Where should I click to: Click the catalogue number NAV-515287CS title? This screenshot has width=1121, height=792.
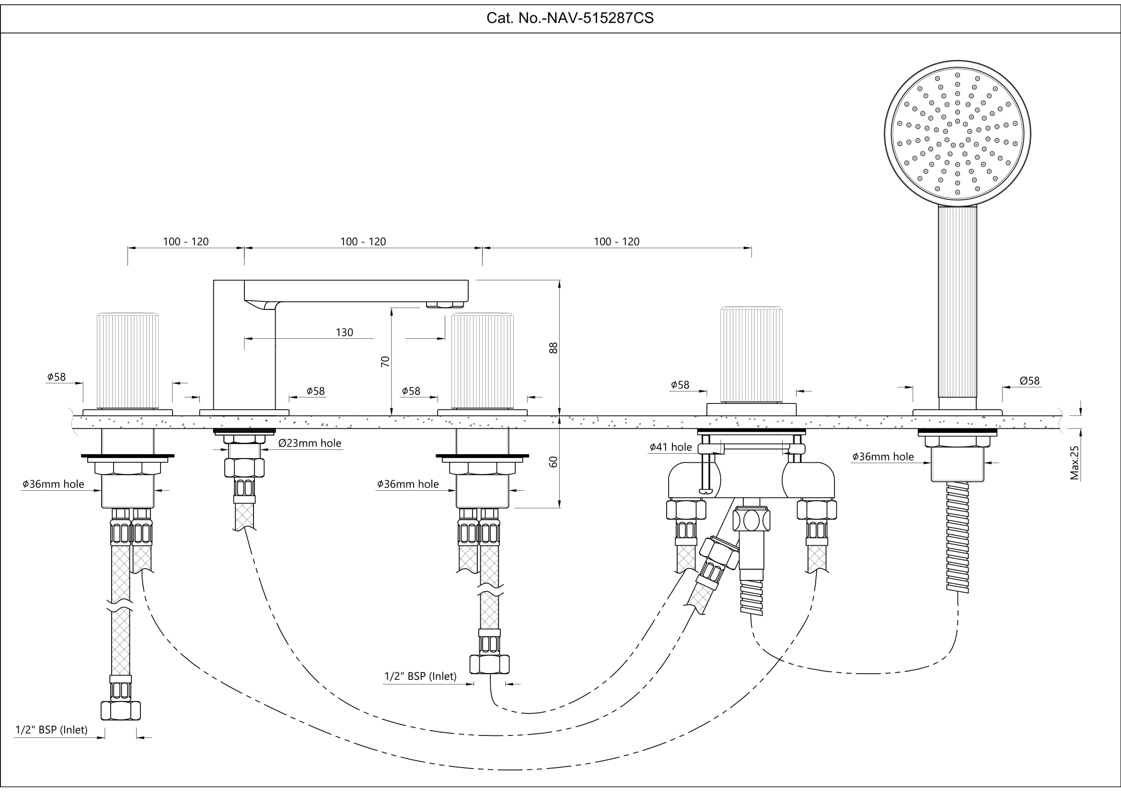[x=570, y=18]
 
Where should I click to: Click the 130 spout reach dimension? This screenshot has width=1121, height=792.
[x=344, y=333]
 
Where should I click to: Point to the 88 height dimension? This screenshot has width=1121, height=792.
[x=553, y=348]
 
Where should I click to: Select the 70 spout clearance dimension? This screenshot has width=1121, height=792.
[x=385, y=362]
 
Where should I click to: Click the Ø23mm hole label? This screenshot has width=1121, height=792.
[x=310, y=443]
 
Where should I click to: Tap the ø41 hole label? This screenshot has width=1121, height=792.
[x=670, y=447]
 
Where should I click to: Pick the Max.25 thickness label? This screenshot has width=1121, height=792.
[x=1074, y=463]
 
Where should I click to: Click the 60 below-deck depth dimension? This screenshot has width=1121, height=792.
[x=553, y=461]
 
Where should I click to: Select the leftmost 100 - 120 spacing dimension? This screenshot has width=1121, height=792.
[x=185, y=241]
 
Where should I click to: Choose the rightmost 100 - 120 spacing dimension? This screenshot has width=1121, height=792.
[x=617, y=241]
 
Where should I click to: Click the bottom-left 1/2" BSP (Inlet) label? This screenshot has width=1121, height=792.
[x=51, y=730]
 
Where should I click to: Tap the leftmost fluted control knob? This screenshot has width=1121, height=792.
[x=128, y=360]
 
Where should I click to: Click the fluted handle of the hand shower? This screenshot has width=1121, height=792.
[x=958, y=301]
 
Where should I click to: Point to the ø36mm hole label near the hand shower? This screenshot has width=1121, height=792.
[x=883, y=456]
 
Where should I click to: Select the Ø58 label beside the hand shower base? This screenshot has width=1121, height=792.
[x=1029, y=380]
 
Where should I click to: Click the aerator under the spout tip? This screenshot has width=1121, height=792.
[x=444, y=305]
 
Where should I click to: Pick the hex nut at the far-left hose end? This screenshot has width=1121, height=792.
[x=121, y=710]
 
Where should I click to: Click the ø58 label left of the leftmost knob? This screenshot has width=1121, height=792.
[x=56, y=377]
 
